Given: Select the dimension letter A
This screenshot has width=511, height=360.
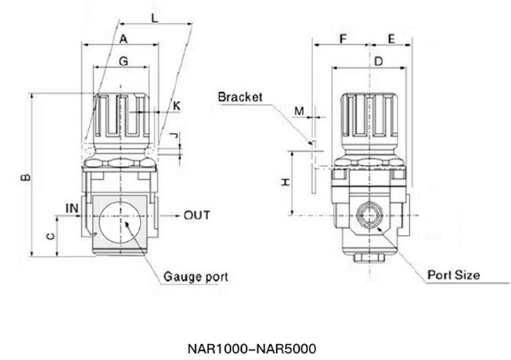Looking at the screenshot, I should tap(123, 39).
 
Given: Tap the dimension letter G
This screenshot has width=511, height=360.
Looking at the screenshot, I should tap(122, 61).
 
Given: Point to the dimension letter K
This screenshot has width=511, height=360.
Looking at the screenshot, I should tap(176, 106).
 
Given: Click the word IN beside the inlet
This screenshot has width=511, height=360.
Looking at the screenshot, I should tap(71, 208).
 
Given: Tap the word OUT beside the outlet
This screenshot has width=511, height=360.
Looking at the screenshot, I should tap(197, 216).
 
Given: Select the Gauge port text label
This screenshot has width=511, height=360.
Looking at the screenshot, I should tap(195, 277).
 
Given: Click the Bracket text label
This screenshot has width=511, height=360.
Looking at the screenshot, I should tap(240, 97).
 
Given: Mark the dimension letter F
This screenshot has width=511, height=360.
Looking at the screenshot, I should tap(343, 39).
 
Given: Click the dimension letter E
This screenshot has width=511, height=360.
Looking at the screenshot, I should tap(391, 39).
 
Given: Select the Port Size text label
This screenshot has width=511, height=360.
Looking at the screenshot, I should tap(454, 274).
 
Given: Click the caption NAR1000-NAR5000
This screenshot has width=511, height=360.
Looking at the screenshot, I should tap(252, 349).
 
